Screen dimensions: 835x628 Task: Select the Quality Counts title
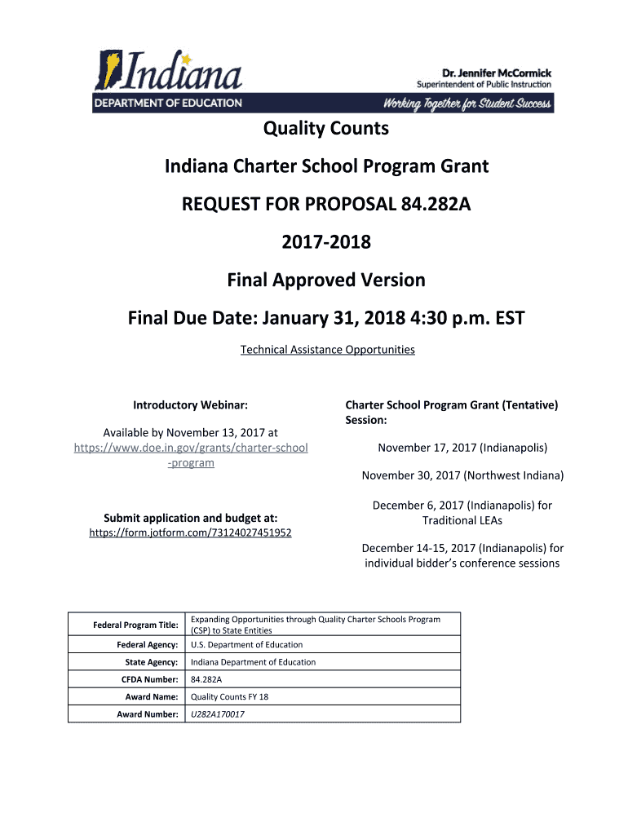tap(325, 129)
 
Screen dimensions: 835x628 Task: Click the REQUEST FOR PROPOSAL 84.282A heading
tap(326, 205)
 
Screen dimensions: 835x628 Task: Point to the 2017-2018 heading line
tap(326, 242)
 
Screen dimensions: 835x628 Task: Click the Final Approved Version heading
tap(326, 281)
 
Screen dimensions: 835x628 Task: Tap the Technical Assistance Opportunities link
tap(327, 350)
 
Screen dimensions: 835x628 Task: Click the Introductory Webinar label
tap(190, 404)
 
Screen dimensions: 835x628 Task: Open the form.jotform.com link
tap(190, 533)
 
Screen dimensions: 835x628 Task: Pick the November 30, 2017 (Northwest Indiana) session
tap(462, 475)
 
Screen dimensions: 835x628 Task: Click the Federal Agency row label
tap(147, 645)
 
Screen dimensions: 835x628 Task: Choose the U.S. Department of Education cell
tap(235, 645)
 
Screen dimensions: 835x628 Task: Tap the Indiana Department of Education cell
tap(253, 662)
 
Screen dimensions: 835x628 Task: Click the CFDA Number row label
tap(149, 679)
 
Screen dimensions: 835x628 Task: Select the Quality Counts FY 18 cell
tap(229, 697)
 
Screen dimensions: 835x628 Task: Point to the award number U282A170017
tap(217, 714)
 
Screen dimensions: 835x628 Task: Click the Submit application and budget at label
tap(191, 518)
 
